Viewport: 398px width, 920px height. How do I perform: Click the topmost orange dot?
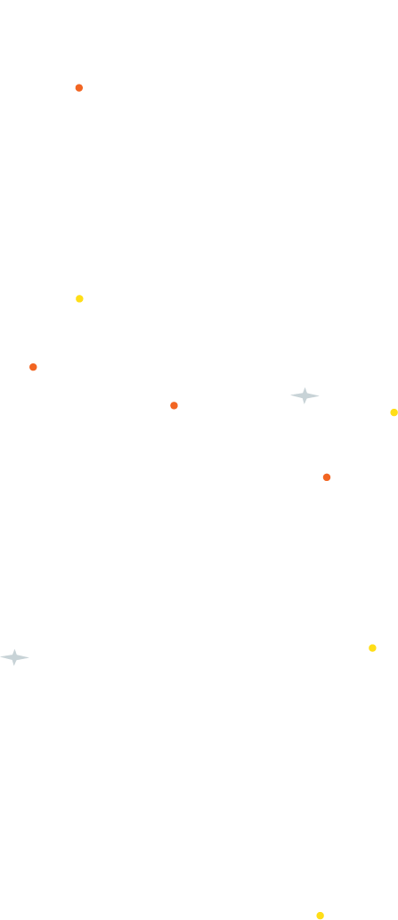pos(79,88)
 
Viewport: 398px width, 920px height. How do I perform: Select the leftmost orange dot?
pos(33,367)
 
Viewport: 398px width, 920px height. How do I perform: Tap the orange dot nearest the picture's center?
pos(174,405)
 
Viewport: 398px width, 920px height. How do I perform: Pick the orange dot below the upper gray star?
pos(327,477)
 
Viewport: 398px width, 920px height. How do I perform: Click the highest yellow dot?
pos(79,298)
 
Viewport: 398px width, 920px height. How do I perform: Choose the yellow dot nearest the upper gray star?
pos(394,412)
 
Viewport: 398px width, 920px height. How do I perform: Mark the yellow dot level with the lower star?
pos(372,647)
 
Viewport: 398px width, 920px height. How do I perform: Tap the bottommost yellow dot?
pos(320,916)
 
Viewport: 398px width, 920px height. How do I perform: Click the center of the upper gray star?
pos(305,395)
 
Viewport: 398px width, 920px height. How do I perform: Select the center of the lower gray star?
pos(14,657)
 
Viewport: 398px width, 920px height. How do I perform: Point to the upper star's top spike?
pos(305,389)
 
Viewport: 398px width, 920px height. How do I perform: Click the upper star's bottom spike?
pos(305,403)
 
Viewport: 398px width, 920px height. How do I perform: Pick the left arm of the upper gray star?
pos(296,395)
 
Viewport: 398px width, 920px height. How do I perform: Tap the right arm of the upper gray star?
pos(314,395)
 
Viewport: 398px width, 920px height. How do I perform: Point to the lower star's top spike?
pos(14,651)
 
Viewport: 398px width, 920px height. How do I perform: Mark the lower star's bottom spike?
pos(14,664)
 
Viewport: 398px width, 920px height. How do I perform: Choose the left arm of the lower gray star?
pos(5,657)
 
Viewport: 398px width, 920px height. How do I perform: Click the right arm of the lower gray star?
pos(23,657)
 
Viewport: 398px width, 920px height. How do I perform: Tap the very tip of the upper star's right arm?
pos(320,395)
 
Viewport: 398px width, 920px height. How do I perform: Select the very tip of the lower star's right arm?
pos(29,657)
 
